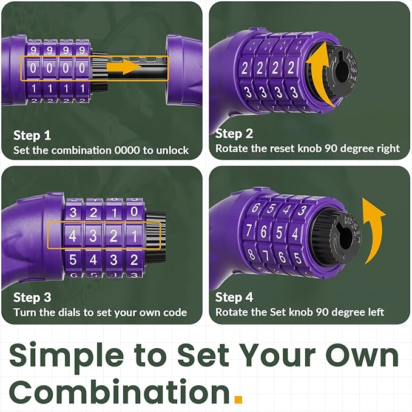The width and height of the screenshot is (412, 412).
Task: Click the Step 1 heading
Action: coord(32,135)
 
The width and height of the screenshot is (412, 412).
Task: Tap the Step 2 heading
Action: coord(234,133)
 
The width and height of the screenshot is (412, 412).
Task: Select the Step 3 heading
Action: coord(32,297)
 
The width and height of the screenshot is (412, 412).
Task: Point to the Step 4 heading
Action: coord(234,297)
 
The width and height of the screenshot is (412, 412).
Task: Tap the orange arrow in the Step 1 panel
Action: coord(124,67)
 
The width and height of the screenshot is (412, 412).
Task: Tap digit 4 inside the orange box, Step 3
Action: coord(73,235)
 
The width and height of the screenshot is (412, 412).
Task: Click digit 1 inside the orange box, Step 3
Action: coord(134,235)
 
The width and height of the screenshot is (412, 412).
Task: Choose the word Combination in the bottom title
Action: coord(120,392)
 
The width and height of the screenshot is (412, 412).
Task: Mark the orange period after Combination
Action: coord(238,399)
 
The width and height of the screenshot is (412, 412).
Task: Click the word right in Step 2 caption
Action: coord(388,149)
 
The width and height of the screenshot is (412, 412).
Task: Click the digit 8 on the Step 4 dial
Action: coord(251,254)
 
